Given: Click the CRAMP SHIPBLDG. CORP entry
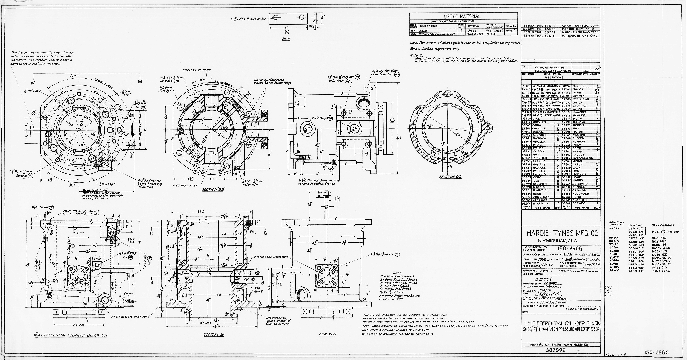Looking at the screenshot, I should pyautogui.click(x=579, y=26).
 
